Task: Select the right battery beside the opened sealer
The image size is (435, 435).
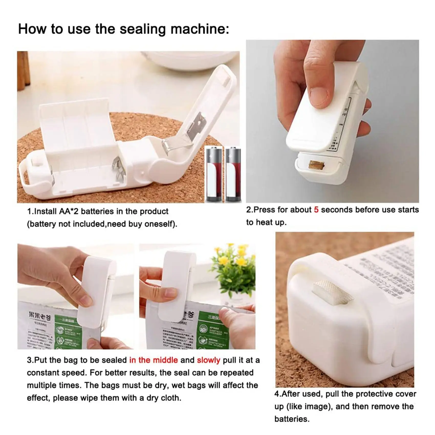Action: click(x=233, y=174)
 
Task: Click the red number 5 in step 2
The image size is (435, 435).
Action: click(x=316, y=210)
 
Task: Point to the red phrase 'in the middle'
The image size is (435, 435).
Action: click(x=154, y=360)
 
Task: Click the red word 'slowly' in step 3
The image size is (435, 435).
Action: click(x=209, y=360)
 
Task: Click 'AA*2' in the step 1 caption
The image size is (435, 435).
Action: click(x=69, y=211)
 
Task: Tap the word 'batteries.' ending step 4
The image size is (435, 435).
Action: click(x=292, y=419)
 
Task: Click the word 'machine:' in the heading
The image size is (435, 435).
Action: click(x=200, y=29)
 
